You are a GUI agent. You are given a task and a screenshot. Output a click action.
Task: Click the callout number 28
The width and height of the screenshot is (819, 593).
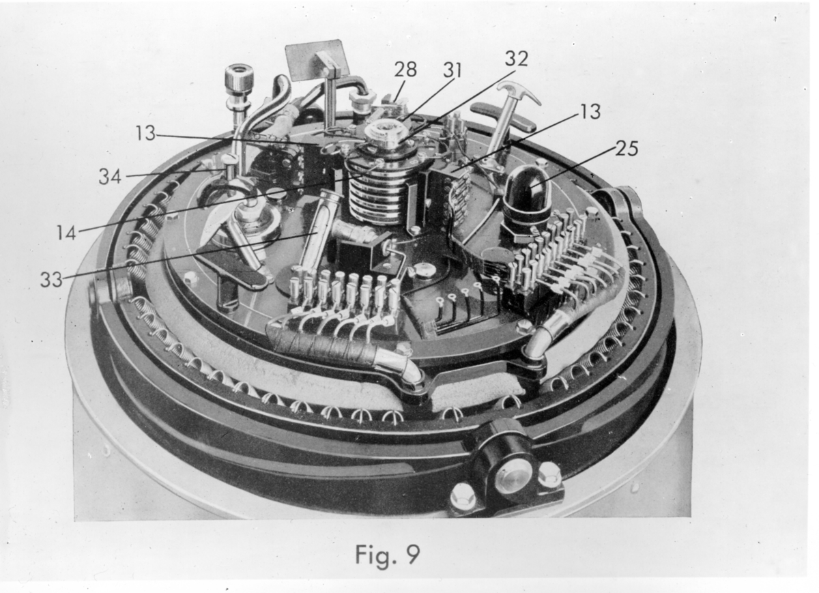tap(405, 70)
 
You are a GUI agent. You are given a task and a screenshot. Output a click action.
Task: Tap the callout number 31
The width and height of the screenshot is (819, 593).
tap(452, 70)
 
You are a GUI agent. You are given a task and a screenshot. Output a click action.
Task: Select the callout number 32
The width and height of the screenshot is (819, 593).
tap(517, 59)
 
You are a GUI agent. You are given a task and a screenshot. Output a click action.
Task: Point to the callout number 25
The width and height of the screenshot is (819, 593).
tap(627, 149)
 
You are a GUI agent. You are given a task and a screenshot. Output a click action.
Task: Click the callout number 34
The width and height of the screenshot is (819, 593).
tap(110, 177)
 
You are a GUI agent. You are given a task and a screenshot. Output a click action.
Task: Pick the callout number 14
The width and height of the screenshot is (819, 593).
tap(66, 233)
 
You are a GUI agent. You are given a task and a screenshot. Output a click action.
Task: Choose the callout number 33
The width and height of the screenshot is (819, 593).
tap(51, 280)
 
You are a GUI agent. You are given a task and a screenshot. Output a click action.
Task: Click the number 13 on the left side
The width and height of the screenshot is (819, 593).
tap(145, 133)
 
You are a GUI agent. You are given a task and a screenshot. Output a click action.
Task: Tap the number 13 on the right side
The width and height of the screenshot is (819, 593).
tap(590, 111)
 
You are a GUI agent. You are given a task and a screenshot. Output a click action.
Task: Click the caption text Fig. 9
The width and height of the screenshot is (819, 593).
tap(388, 555)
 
